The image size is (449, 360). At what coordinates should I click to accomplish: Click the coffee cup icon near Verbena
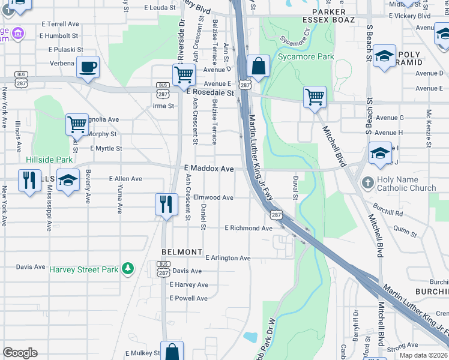pos(88,67)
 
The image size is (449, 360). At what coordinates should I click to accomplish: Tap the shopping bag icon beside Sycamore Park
pos(258,67)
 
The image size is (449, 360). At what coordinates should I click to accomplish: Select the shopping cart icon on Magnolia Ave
pos(77,125)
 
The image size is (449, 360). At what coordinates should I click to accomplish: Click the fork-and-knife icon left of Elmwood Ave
pos(166,205)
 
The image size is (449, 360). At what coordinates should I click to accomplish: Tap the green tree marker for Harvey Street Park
pos(127,269)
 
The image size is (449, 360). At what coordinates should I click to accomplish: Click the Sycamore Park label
pos(306,57)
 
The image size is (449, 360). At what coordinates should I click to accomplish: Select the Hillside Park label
pos(49,160)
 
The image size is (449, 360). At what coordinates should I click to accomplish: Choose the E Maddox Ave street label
pos(208,170)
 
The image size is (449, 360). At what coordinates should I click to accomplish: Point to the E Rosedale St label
pos(209,94)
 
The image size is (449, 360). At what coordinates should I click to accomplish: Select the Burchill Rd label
pos(387,212)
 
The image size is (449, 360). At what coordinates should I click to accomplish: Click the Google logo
pos(20,353)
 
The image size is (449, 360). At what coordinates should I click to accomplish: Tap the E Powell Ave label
pos(188,298)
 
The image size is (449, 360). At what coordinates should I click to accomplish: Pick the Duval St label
pos(295,187)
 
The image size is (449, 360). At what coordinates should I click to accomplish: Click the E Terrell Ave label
pos(59,24)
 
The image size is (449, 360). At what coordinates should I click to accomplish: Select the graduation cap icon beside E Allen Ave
pos(68,181)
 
